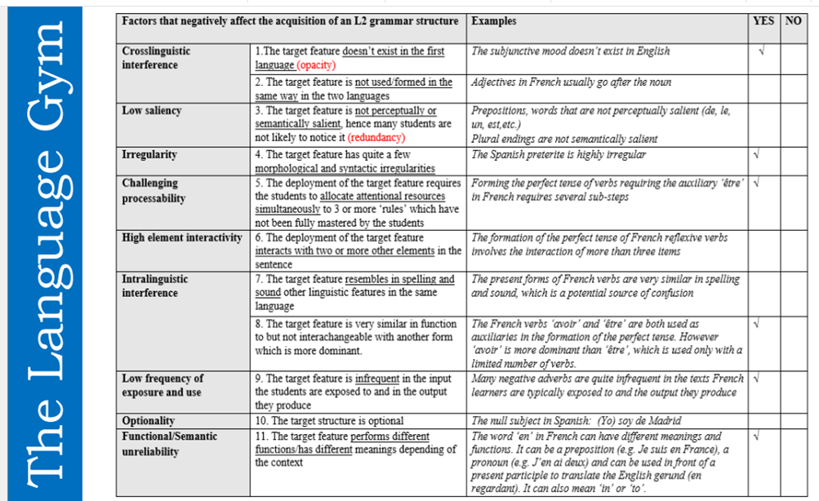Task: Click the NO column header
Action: pos(793,20)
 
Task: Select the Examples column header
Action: pos(494,21)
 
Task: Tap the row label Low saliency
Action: pos(152,110)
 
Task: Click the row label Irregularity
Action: pos(149,154)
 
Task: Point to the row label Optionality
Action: pos(150,421)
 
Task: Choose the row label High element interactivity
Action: pos(182,237)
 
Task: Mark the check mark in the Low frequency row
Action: pos(758,379)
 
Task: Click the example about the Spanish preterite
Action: pos(559,154)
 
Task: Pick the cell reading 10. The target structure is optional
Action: pos(329,421)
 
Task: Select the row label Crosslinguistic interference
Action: pos(156,57)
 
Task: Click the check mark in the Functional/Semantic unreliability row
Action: pos(758,437)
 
